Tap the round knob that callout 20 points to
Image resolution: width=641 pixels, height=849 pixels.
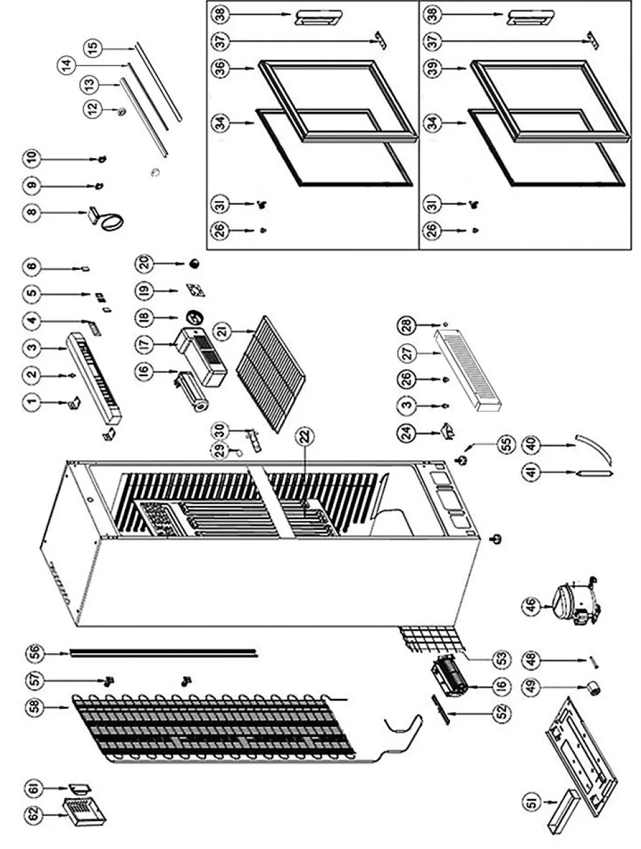tap(194, 263)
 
